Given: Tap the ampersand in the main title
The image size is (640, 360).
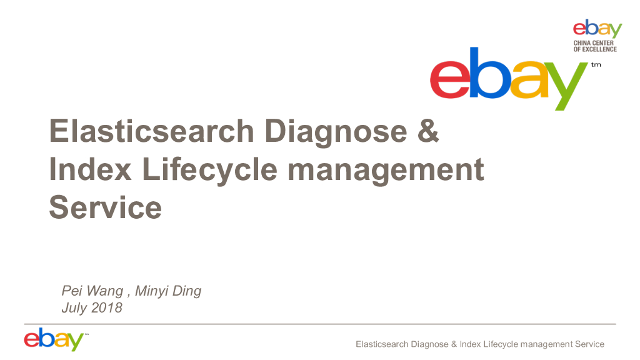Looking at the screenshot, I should (428, 132).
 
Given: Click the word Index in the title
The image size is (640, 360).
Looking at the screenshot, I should (90, 170).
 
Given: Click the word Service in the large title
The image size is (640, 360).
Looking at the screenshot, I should (105, 207).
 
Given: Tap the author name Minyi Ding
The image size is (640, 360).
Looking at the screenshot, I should (169, 291).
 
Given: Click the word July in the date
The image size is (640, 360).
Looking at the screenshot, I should (74, 307).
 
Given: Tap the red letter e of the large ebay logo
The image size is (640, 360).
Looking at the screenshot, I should (452, 80).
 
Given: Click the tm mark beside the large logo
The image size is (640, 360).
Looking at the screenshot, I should (596, 64).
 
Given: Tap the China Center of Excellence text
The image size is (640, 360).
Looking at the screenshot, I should (595, 46).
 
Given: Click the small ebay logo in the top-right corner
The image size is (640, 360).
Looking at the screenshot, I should (597, 29).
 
